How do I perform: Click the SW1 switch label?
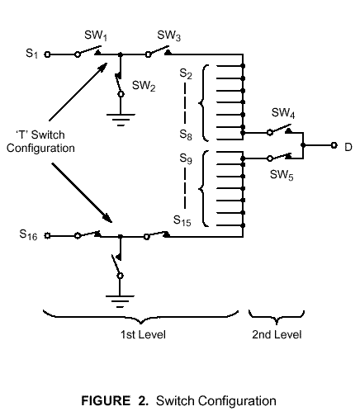coord(96,35)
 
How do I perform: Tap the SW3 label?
coord(168,35)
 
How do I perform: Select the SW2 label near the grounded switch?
coord(144,86)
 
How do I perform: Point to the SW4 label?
coord(283,113)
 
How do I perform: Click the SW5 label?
coord(282,175)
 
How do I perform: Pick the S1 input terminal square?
coord(47,54)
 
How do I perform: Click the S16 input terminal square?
coord(47,236)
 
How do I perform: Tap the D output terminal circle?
coord(334,145)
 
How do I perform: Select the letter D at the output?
coord(348,147)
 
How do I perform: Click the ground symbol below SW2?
coord(121,120)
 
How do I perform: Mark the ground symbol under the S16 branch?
coord(120,301)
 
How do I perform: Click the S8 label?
coord(186,135)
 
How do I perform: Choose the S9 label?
coord(186,158)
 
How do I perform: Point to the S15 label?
coord(182,220)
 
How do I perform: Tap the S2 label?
coord(186,74)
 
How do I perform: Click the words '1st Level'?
coord(143,334)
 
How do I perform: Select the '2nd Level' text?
coord(277,334)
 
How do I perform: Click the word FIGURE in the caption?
coord(106,400)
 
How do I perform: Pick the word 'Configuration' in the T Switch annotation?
coord(40,149)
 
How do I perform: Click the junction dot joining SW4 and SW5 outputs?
coord(303,145)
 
